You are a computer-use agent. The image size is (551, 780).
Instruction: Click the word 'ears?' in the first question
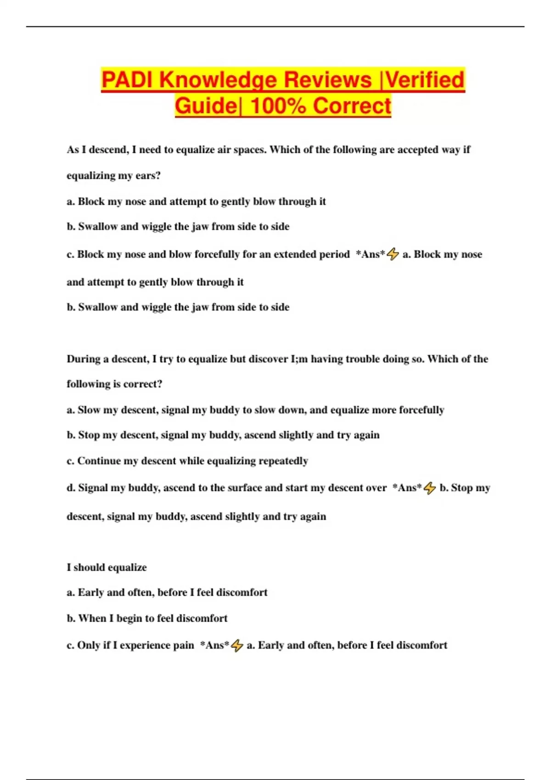(x=148, y=176)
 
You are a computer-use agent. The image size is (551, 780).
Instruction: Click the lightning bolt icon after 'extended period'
(x=393, y=254)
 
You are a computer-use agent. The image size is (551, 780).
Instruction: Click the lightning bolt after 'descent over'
(x=429, y=488)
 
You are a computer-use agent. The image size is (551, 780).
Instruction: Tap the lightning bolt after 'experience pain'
(x=236, y=646)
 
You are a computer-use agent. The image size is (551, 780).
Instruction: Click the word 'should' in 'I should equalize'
(x=89, y=568)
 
